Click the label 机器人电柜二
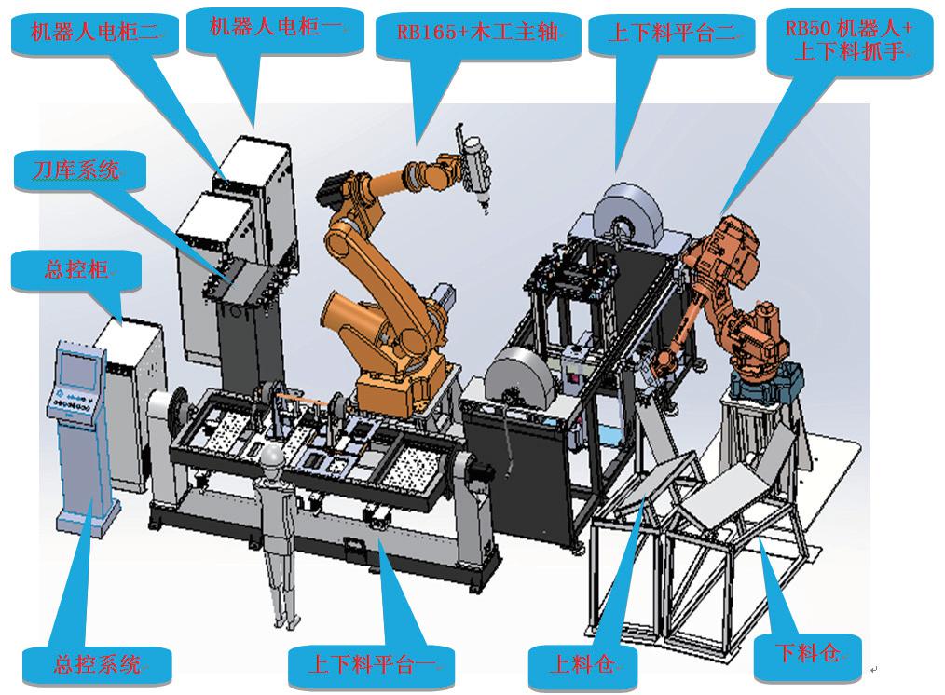click(x=95, y=32)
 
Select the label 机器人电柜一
click(x=276, y=26)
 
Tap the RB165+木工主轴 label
click(x=477, y=32)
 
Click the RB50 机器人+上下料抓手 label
click(x=849, y=40)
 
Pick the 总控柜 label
click(x=76, y=269)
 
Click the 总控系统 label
click(x=97, y=663)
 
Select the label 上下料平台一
click(x=371, y=663)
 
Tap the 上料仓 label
click(x=582, y=663)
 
